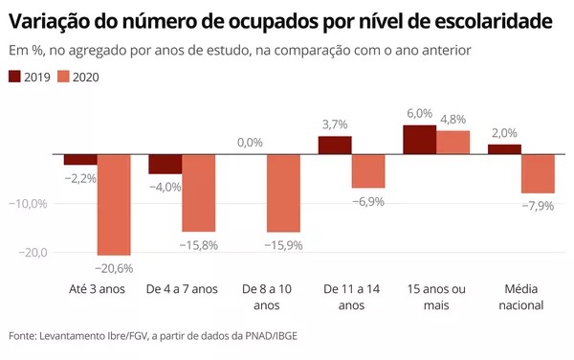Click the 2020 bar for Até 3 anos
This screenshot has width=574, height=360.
[x=114, y=205]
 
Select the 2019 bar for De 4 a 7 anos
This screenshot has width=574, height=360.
[x=166, y=164]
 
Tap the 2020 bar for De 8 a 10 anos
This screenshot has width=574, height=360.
[x=284, y=193]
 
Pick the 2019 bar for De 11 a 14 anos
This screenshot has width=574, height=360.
[x=335, y=146]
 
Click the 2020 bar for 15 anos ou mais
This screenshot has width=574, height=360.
[x=453, y=143]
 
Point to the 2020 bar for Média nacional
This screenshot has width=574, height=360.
[x=538, y=174]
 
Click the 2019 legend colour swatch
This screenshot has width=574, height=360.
[x=14, y=77]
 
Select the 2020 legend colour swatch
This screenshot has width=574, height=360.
[x=63, y=77]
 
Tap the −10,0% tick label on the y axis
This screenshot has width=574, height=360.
[x=28, y=204]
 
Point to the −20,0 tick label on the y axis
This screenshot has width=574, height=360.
[x=33, y=253]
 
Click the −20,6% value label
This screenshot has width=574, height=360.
[x=114, y=268]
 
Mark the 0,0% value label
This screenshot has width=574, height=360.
[x=250, y=142]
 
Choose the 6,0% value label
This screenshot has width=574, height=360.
[x=420, y=114]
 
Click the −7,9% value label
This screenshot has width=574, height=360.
[x=538, y=206]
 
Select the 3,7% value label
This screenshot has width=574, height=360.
[x=335, y=124]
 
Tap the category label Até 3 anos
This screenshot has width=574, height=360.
[x=97, y=289]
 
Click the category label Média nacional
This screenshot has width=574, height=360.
[x=521, y=297]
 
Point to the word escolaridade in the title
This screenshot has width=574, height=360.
[x=494, y=21]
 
